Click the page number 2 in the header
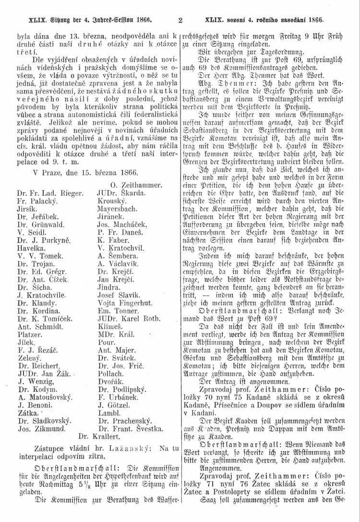click(180, 21)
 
